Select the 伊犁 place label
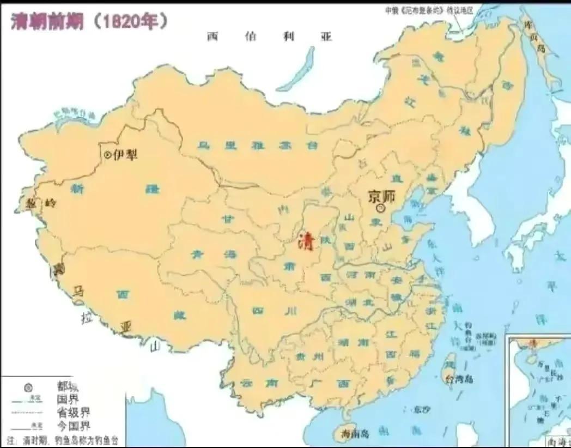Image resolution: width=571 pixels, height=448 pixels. point(125,155)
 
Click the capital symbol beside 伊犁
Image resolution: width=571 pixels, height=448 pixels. point(107,155)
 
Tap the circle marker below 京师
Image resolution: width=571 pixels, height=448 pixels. point(381,208)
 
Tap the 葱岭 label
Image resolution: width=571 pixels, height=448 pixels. point(41,203)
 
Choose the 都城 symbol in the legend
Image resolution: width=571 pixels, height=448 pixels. point(28,388)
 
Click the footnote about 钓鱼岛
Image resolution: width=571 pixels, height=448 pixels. point(63,439)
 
